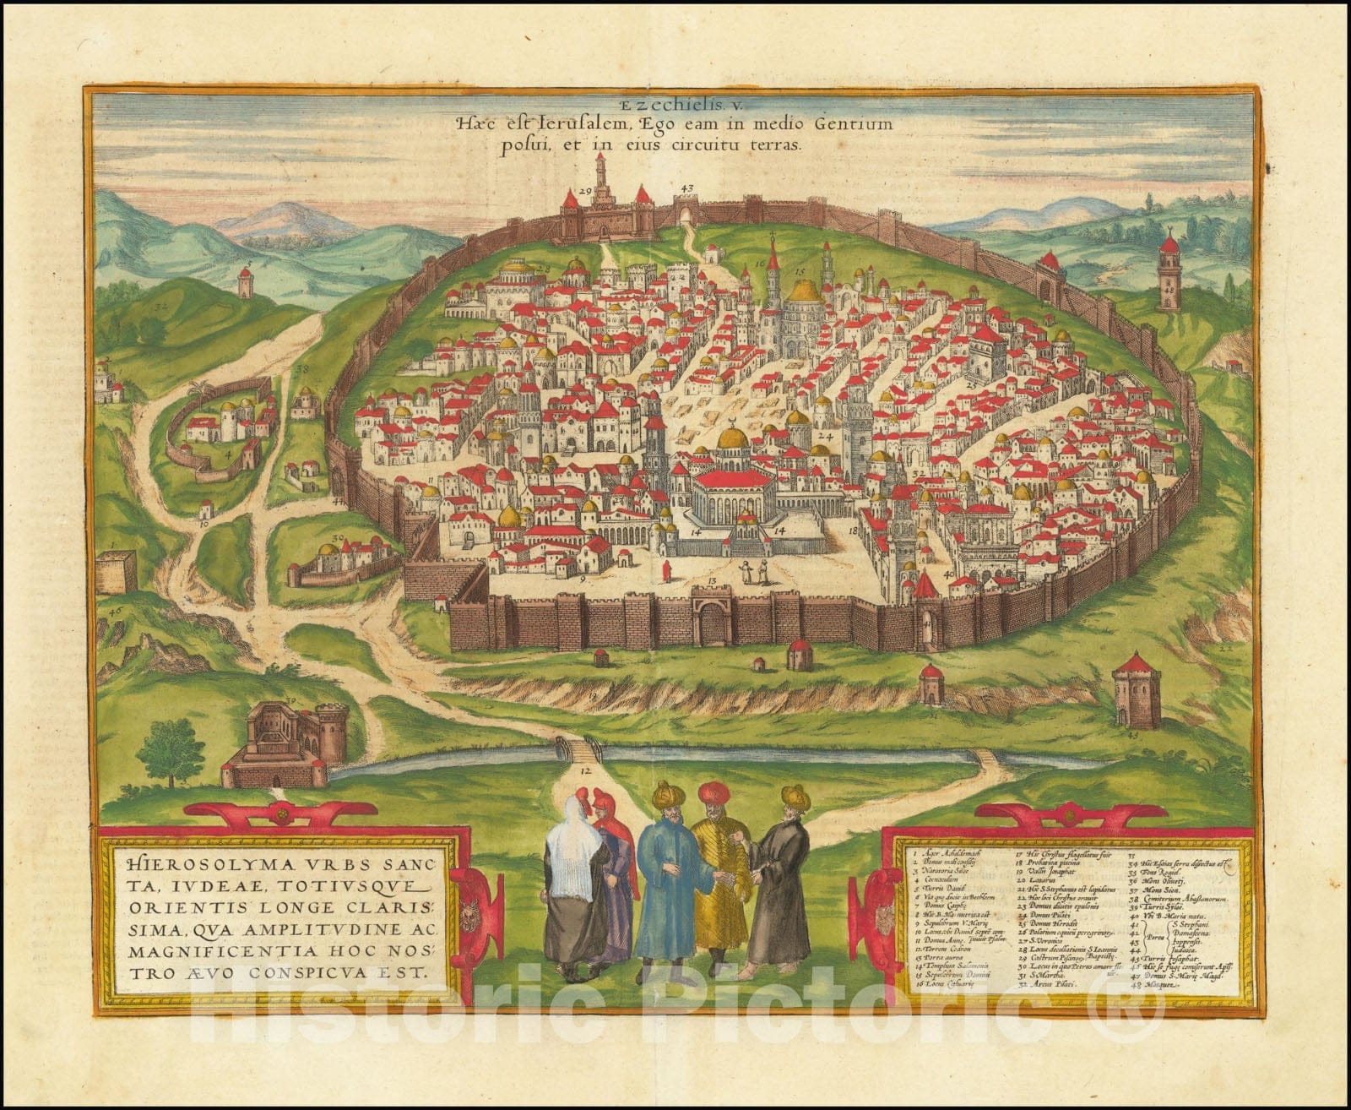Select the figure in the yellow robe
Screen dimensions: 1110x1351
coord(719,879)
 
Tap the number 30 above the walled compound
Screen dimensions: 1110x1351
coord(336,537)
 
